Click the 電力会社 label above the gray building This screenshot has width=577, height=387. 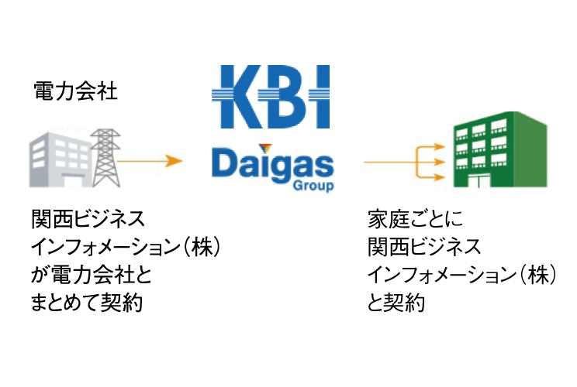point(75,92)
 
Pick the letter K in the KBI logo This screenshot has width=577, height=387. point(236,97)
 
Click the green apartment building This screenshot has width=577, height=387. point(497,150)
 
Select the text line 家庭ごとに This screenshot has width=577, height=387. point(408,219)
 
